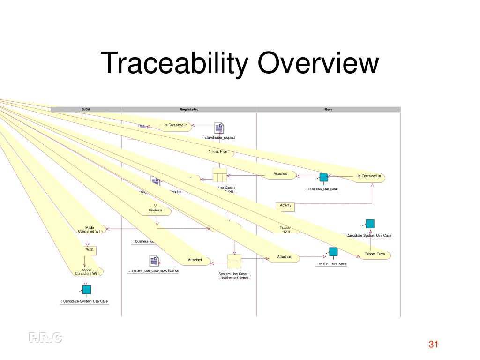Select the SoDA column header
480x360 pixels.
(86, 109)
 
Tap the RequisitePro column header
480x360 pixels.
(189, 109)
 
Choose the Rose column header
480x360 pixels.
(329, 109)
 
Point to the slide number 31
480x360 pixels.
(433, 345)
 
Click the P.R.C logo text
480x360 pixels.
(45, 337)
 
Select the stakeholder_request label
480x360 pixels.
(219, 138)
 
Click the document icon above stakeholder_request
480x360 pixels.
(219, 127)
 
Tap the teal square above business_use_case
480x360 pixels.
(323, 177)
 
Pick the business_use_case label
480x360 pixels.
(322, 189)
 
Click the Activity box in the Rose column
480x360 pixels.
(285, 205)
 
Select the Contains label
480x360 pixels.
(156, 210)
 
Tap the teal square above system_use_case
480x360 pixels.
(333, 252)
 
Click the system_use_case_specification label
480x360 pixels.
(154, 270)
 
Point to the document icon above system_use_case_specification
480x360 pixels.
(154, 261)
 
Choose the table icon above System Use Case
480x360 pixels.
(234, 261)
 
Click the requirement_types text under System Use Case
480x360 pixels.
(234, 277)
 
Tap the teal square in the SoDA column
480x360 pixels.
(87, 290)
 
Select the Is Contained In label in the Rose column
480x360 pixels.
(369, 176)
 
